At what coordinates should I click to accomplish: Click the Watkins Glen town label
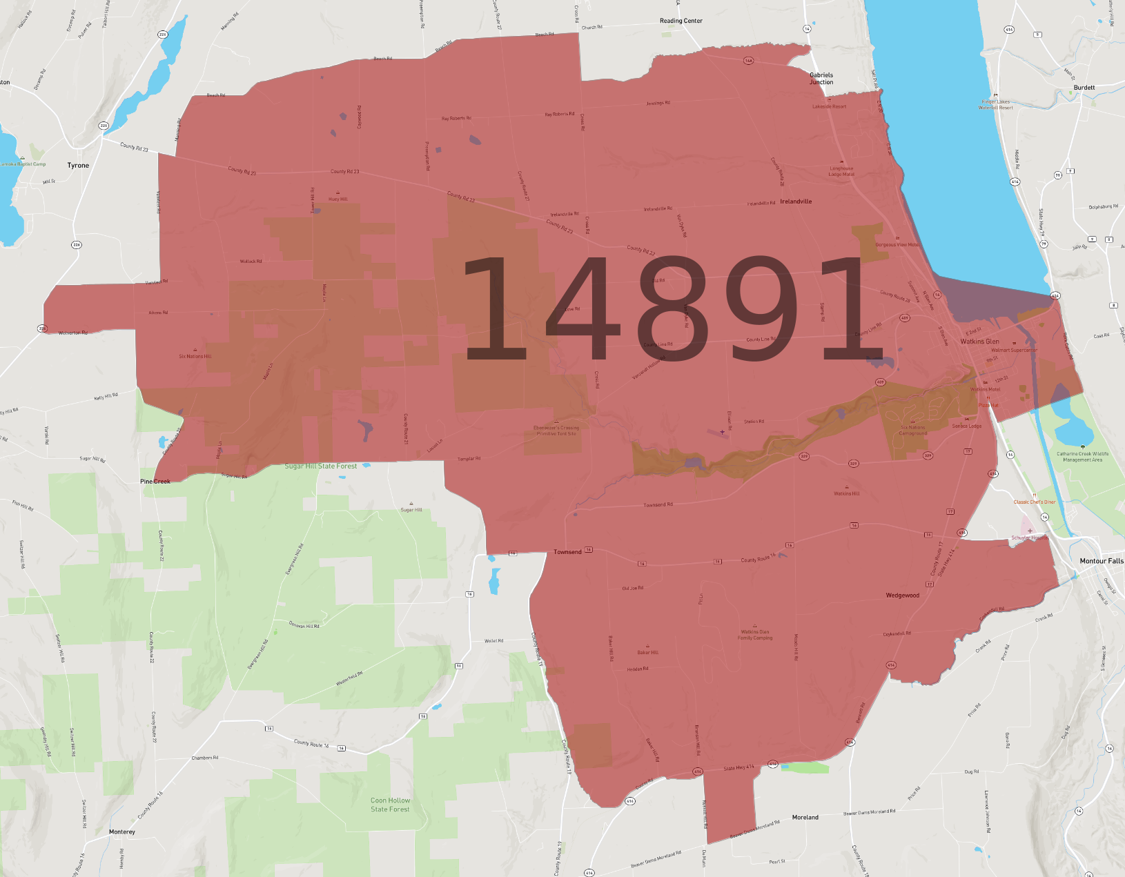[979, 342]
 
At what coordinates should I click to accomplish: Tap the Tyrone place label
[78, 166]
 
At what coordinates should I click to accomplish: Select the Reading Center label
[681, 21]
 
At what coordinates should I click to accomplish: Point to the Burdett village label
[1084, 88]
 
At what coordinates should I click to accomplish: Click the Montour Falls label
[1102, 561]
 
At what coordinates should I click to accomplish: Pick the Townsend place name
[567, 552]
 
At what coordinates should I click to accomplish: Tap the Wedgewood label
[902, 595]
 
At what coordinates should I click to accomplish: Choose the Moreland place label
[805, 817]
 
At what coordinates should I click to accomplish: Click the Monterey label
[122, 832]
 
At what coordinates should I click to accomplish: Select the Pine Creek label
[155, 482]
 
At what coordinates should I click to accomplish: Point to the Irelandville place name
[796, 201]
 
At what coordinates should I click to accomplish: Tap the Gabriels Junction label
[821, 79]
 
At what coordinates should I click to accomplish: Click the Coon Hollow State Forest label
[390, 805]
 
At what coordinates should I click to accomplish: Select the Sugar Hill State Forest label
[321, 466]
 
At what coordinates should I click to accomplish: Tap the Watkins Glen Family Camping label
[755, 635]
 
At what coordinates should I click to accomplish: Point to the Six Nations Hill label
[195, 357]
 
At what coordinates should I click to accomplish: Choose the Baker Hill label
[647, 652]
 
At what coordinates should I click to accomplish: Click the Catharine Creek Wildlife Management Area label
[1082, 457]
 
